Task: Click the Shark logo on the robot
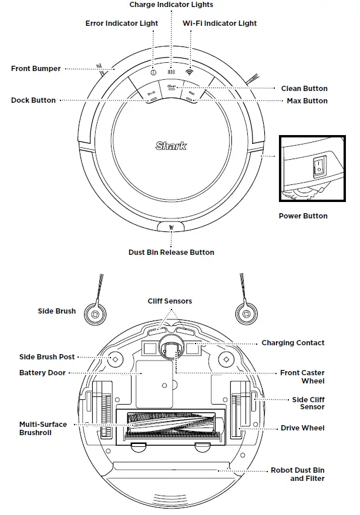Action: click(171, 146)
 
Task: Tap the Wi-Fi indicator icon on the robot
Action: click(189, 73)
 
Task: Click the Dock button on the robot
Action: click(151, 95)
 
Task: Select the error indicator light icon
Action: click(153, 73)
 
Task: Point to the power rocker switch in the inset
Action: click(319, 167)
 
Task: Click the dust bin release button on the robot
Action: click(171, 227)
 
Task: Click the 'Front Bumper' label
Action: click(36, 69)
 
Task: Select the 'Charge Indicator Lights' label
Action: click(171, 5)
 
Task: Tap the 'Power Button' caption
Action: click(303, 216)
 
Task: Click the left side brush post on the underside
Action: click(115, 359)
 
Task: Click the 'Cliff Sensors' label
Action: click(170, 301)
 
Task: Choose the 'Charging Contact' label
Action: click(292, 343)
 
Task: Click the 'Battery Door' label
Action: click(42, 373)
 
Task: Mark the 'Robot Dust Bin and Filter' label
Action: click(297, 474)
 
